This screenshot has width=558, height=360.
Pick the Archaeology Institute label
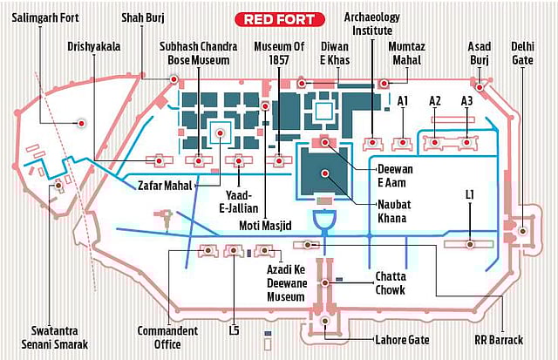coord(375,24)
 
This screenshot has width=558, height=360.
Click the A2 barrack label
coord(435,102)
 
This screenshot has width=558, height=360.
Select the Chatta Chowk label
coord(396,283)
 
